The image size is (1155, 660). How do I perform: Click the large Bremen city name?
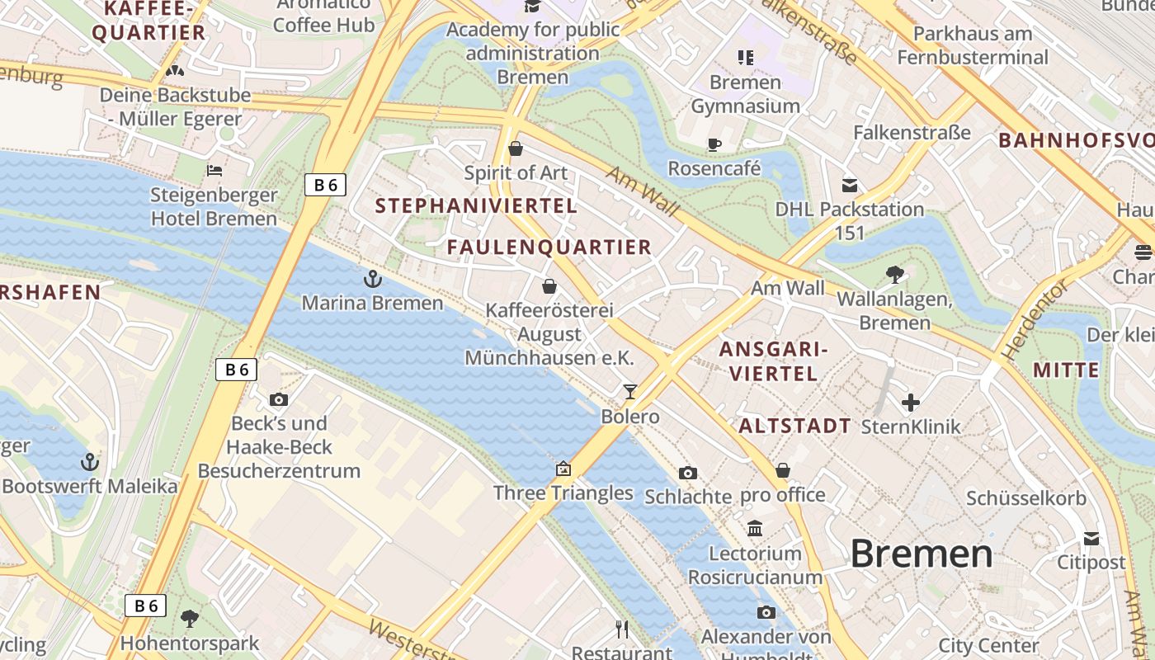click(922, 553)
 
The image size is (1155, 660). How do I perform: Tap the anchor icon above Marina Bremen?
click(372, 279)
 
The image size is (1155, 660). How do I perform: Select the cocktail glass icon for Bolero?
click(630, 392)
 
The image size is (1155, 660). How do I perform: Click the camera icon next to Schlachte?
click(687, 473)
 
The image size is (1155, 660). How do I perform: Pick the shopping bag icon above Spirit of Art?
click(516, 148)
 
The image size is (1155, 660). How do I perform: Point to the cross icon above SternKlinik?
click(910, 403)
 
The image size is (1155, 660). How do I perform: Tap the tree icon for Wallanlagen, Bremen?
click(894, 274)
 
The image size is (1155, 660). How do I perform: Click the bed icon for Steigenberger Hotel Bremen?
click(214, 171)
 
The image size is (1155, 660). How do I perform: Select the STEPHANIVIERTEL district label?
click(476, 206)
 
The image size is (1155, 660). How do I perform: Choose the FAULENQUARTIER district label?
click(549, 247)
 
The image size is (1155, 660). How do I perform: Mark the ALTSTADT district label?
click(794, 426)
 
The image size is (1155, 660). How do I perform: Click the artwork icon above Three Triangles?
click(563, 469)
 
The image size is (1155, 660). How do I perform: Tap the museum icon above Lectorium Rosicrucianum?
click(755, 528)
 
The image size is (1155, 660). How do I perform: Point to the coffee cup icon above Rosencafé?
click(714, 144)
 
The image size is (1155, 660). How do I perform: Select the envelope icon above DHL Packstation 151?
click(850, 185)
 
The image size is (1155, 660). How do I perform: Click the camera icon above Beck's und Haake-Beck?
click(279, 399)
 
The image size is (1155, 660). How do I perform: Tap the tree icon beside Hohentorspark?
click(190, 618)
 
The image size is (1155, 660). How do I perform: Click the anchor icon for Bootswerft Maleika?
click(89, 461)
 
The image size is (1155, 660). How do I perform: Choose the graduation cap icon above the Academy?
click(532, 7)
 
